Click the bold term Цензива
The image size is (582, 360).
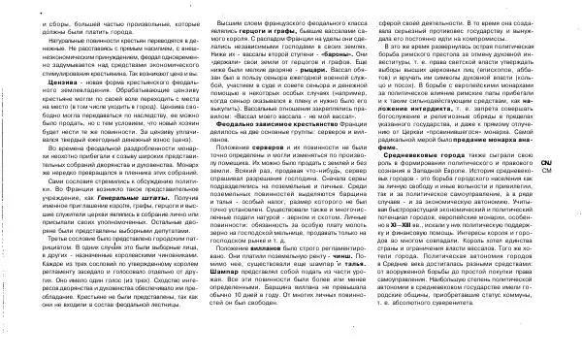pyautogui.click(x=41, y=85)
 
